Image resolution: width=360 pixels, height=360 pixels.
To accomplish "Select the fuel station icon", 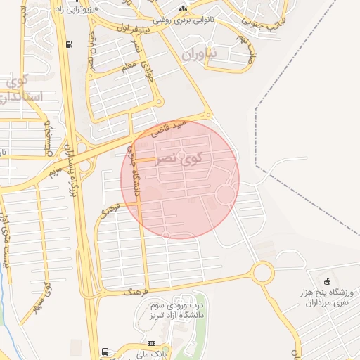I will [x=68, y=45].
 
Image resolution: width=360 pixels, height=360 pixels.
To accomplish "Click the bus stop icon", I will [x=105, y=351].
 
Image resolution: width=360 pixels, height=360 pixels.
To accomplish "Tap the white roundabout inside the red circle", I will [x=225, y=194].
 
